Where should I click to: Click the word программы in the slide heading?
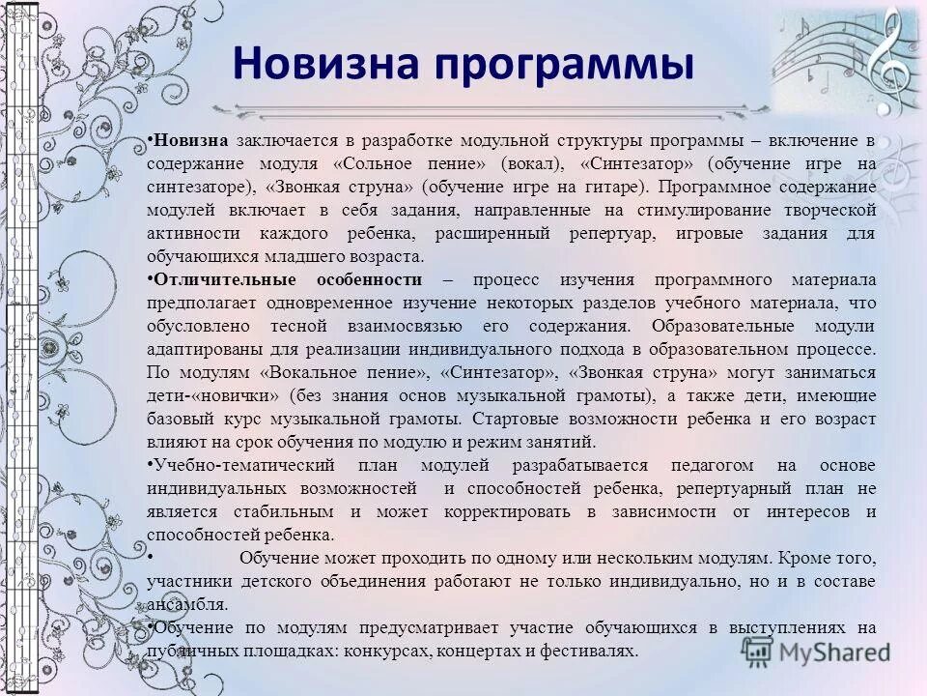[x=564, y=66]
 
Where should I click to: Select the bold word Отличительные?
[x=229, y=279]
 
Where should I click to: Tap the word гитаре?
[x=598, y=186]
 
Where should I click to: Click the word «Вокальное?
[x=308, y=372]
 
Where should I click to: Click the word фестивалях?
[x=585, y=651]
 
